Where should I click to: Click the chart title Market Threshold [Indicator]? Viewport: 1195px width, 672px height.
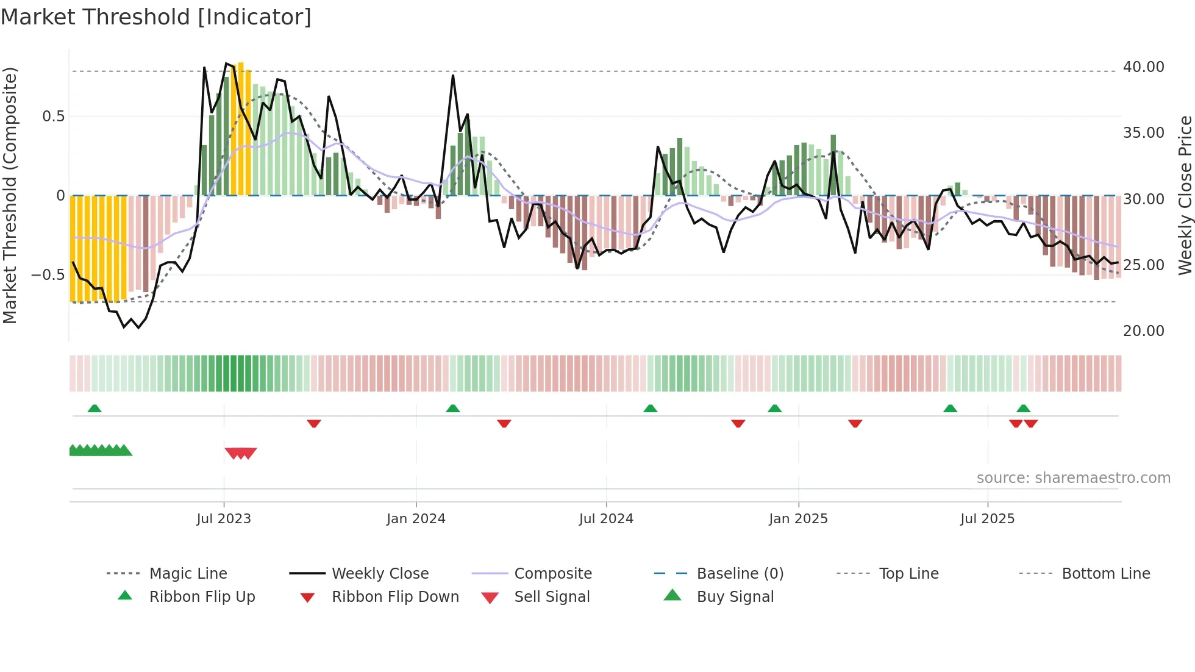156,17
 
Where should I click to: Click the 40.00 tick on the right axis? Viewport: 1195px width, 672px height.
1143,67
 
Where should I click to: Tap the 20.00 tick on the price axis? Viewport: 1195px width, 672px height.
1143,331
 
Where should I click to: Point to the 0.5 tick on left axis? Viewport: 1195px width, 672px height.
53,116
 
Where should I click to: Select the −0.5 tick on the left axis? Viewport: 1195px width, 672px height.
48,275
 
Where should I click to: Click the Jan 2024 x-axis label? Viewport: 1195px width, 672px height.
416,519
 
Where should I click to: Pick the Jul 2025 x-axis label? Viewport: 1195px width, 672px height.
987,519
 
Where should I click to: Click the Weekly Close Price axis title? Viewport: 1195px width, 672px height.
1185,195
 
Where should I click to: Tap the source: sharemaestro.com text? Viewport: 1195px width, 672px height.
1073,478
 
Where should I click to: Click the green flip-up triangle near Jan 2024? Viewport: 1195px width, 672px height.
452,409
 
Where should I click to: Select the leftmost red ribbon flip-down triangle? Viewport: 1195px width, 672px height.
314,423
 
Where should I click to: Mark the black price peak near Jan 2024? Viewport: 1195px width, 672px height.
453,76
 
